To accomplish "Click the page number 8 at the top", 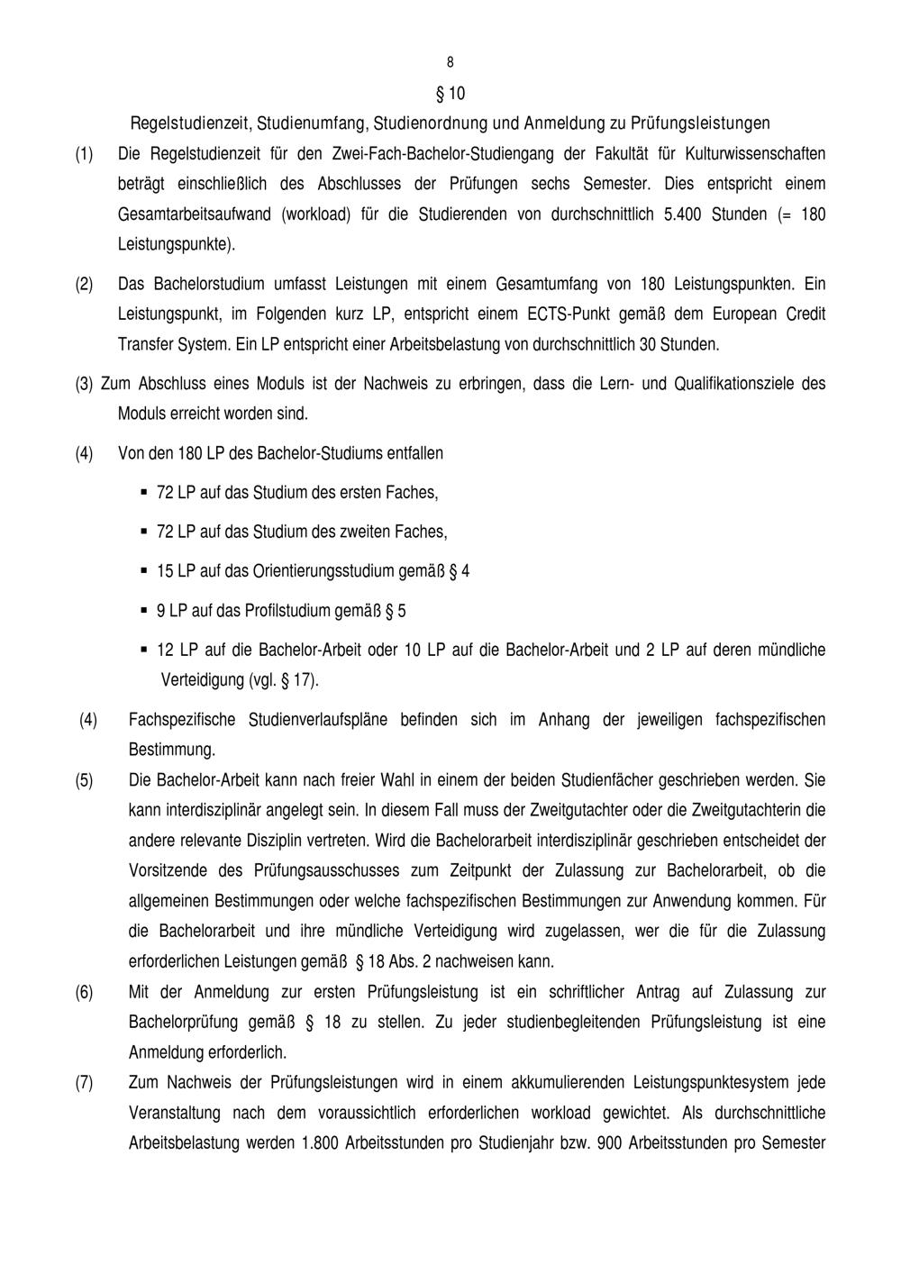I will (450, 62).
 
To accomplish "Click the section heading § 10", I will (450, 94).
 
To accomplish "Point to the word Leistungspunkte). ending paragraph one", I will (177, 244).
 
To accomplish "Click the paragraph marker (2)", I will (84, 285).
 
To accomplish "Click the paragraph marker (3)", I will (84, 384).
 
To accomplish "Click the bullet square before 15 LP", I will (144, 570).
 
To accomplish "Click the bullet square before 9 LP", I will (144, 610).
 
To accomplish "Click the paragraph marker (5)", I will (84, 780).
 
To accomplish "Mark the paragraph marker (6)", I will (84, 993).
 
